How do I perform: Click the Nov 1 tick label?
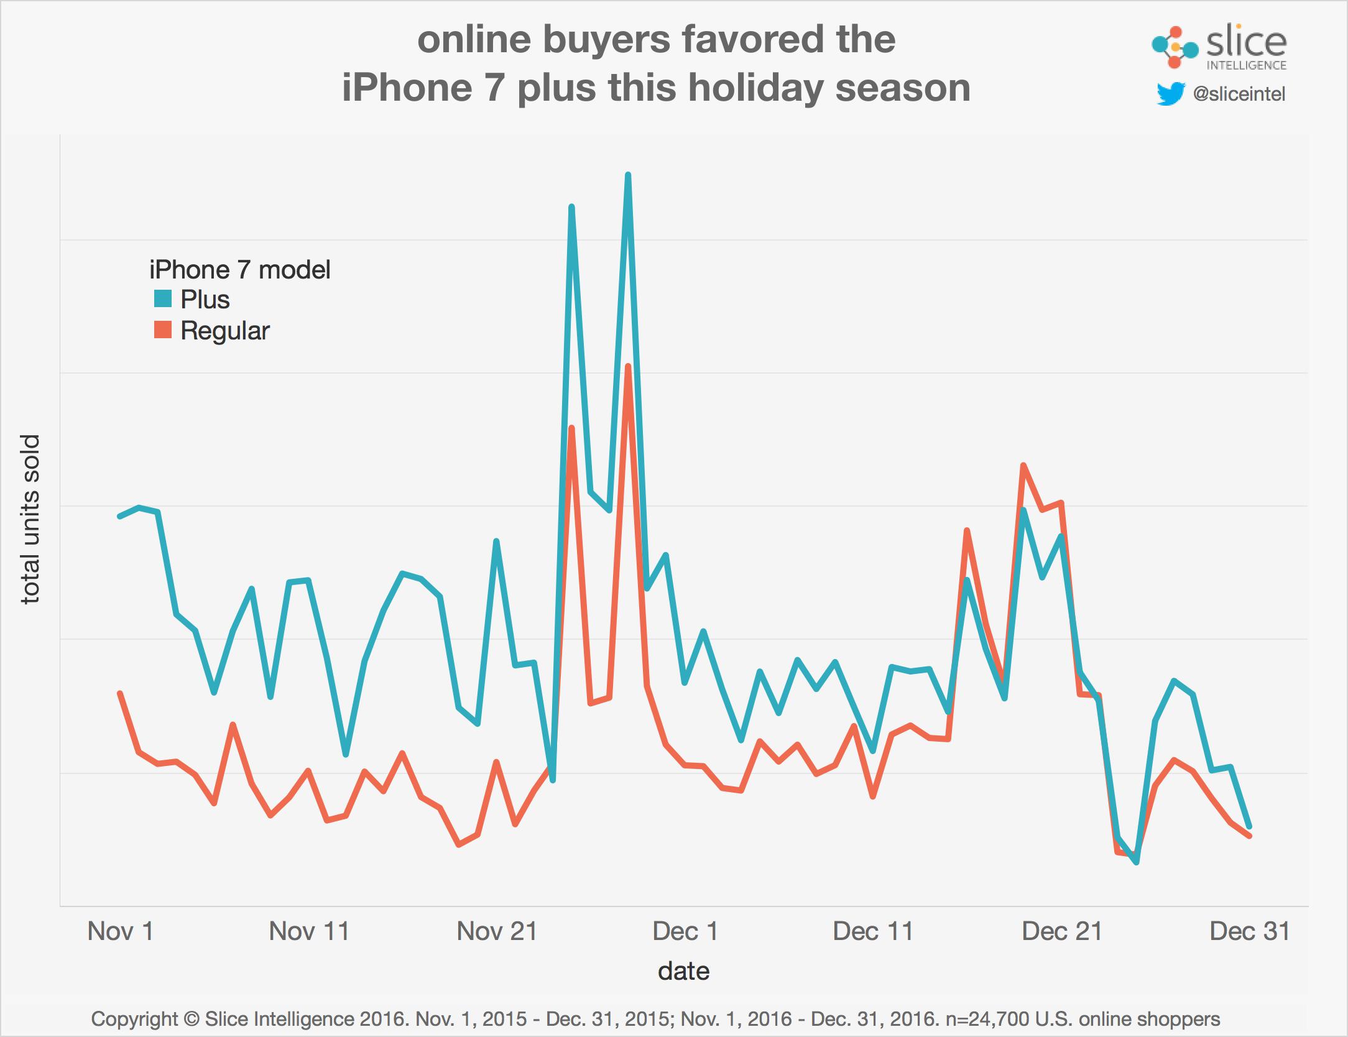(121, 931)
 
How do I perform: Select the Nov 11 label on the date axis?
(309, 931)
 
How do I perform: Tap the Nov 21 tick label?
(497, 931)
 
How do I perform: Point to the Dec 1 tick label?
(685, 931)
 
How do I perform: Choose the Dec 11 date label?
(873, 931)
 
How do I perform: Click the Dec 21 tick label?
(1061, 931)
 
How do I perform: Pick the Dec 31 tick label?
(1249, 931)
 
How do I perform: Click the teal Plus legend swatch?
(163, 299)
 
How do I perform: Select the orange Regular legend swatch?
(163, 330)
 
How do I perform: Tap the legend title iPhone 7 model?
(239, 270)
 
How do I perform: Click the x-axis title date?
(683, 970)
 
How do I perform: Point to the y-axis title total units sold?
(30, 520)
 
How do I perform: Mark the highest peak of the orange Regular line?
(628, 366)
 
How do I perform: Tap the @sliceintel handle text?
(1239, 94)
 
